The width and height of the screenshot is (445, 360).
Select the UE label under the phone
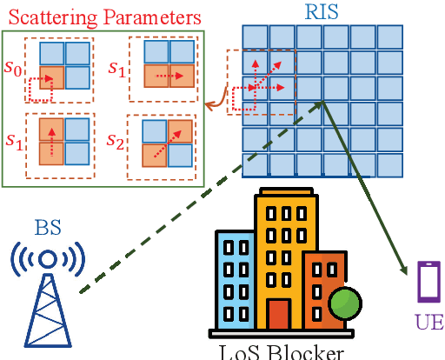[428, 323]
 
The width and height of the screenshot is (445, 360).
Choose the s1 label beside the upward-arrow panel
[15, 139]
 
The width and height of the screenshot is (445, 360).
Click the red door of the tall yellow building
[279, 315]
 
